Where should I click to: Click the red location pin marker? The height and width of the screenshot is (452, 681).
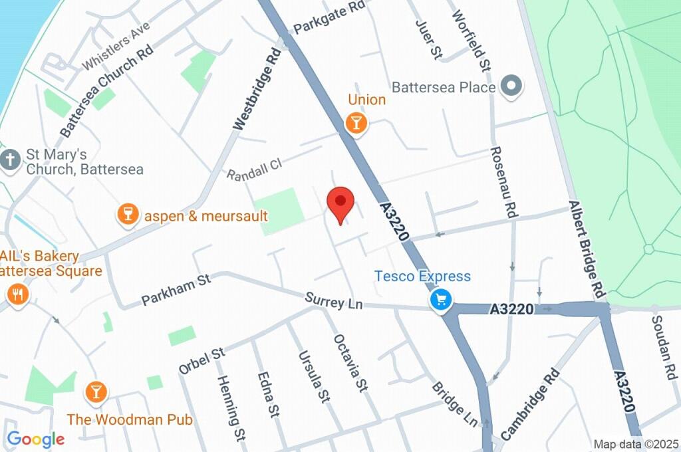pos(340,203)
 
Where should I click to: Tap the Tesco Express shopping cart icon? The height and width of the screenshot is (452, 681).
pos(439,300)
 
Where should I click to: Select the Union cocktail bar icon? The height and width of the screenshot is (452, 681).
pos(356,123)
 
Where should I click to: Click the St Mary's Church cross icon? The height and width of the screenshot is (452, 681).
pos(10,160)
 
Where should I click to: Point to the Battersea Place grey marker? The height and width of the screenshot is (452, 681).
pos(511,86)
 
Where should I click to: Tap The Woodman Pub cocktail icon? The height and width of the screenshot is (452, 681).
pos(96,392)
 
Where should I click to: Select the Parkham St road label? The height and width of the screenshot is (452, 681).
pos(176,290)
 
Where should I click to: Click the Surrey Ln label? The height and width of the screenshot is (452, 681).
pos(334,301)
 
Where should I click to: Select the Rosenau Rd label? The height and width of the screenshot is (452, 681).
pos(503,181)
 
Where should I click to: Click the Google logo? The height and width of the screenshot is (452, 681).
pos(36,439)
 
